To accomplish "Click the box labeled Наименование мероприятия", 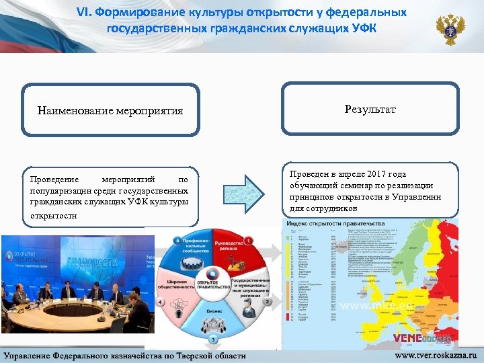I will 110,110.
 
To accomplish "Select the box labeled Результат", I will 370,109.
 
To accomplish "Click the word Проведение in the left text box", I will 54,179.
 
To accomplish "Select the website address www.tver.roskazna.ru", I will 436,355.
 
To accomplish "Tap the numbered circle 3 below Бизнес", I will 212,339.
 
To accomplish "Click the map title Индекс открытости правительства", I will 335,223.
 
